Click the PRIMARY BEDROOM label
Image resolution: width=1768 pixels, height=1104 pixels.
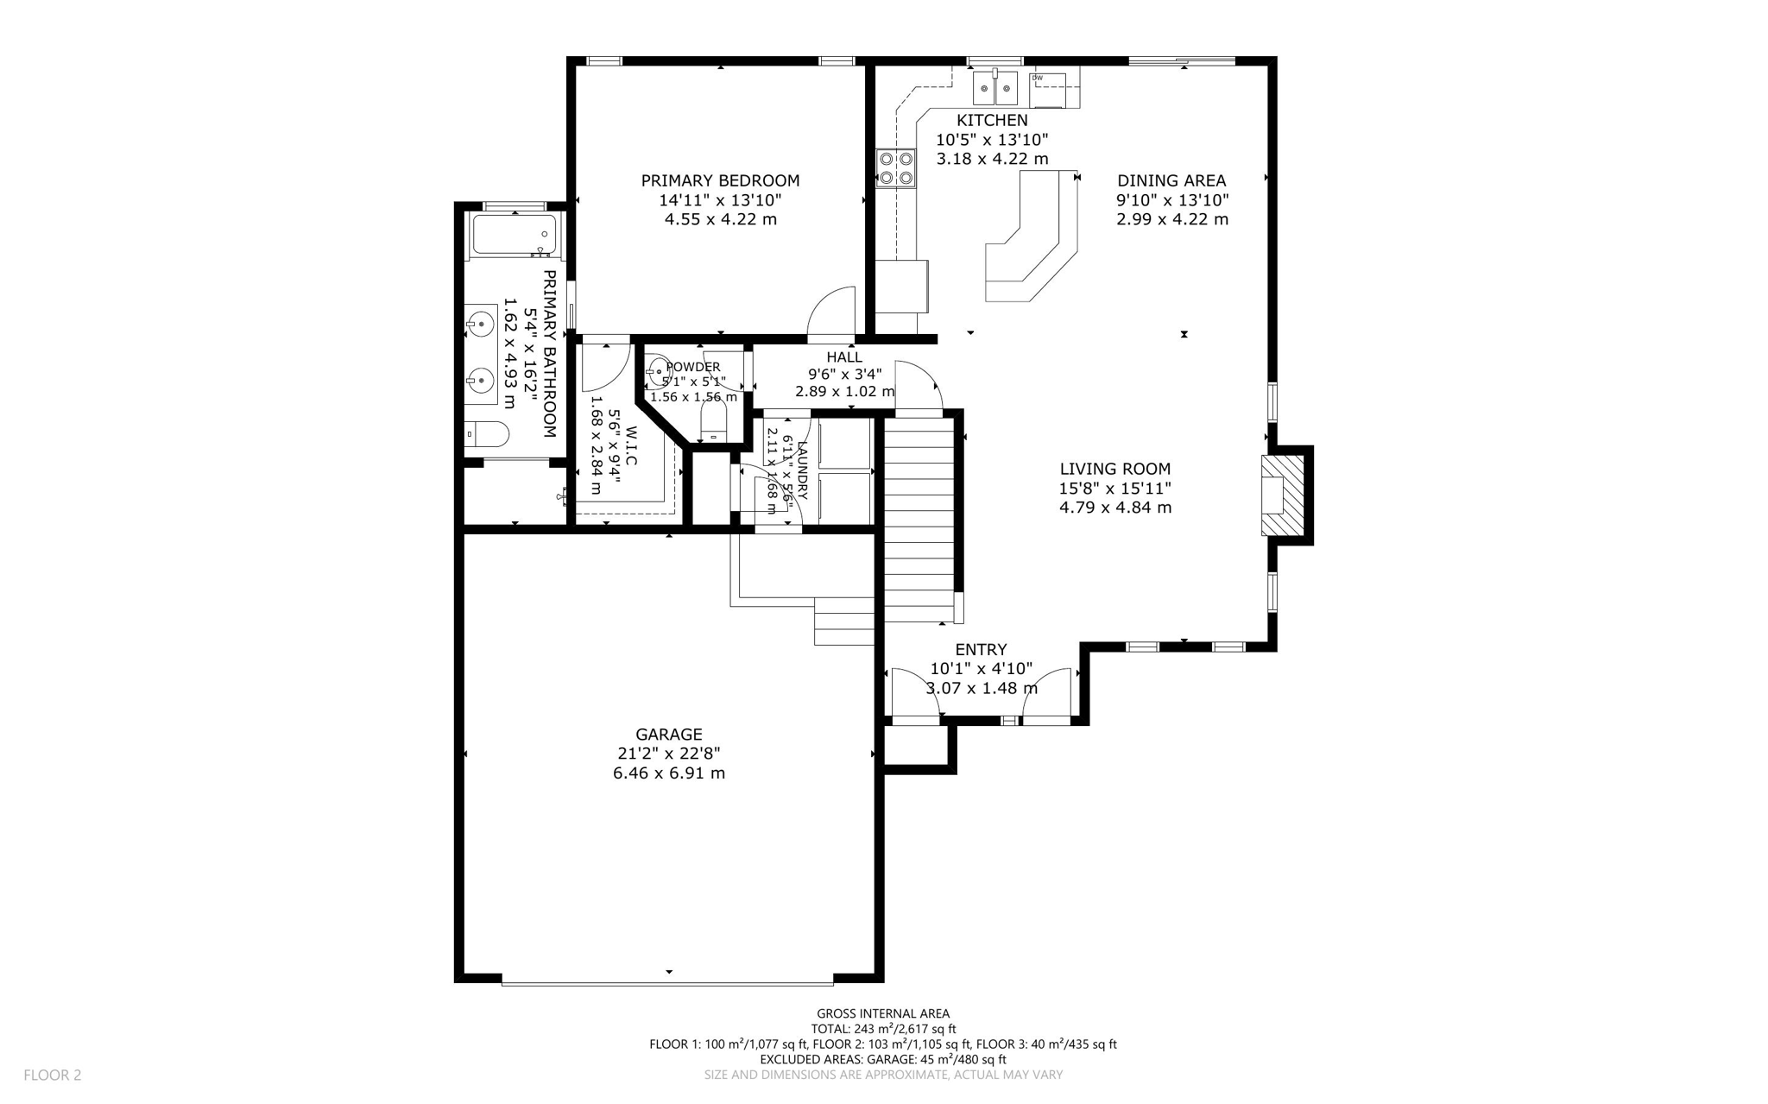tap(720, 181)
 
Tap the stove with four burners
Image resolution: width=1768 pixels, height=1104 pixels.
tap(895, 168)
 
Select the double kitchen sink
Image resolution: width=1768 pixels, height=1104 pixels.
tap(995, 88)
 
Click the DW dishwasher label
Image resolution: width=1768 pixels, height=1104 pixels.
tap(1038, 79)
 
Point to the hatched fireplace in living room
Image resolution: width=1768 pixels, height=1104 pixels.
tap(1274, 495)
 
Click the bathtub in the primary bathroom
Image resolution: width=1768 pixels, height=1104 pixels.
tap(515, 235)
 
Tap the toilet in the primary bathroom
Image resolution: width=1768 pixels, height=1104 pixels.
tap(488, 433)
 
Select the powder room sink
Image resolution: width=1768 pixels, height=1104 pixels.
tap(658, 369)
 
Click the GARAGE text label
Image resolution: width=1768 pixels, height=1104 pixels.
tap(669, 735)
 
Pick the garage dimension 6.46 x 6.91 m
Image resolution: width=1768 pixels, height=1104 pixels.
tap(669, 773)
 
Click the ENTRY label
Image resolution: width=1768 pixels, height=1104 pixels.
tap(981, 650)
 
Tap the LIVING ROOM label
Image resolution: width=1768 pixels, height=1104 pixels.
tap(1115, 469)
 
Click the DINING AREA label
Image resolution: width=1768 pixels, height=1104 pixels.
tap(1171, 181)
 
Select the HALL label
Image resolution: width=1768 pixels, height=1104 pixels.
tap(844, 357)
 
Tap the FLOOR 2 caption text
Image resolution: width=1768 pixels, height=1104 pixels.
tap(53, 1075)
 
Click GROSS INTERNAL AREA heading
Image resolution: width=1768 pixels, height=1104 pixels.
tap(882, 1013)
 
